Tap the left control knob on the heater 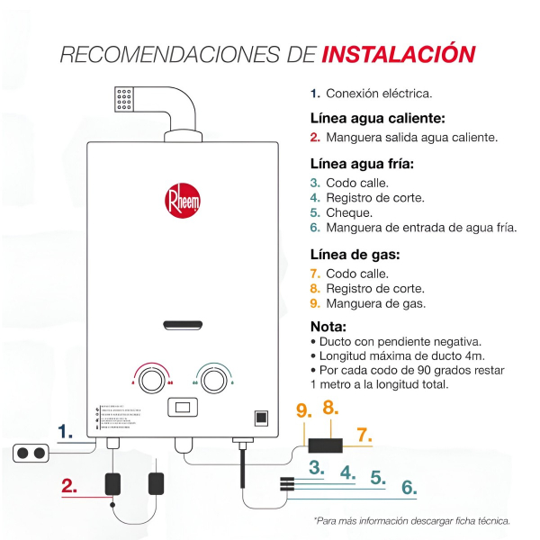coord(151,378)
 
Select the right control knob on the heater coord(212,378)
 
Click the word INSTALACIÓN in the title coord(398,53)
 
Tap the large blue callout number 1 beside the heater coord(66,432)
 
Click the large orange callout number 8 coord(330,408)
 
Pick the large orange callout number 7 coord(363,436)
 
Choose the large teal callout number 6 coord(409,487)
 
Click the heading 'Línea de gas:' coord(355,255)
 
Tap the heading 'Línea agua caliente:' coord(377,118)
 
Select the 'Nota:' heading coord(328,326)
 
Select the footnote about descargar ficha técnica coord(411,520)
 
